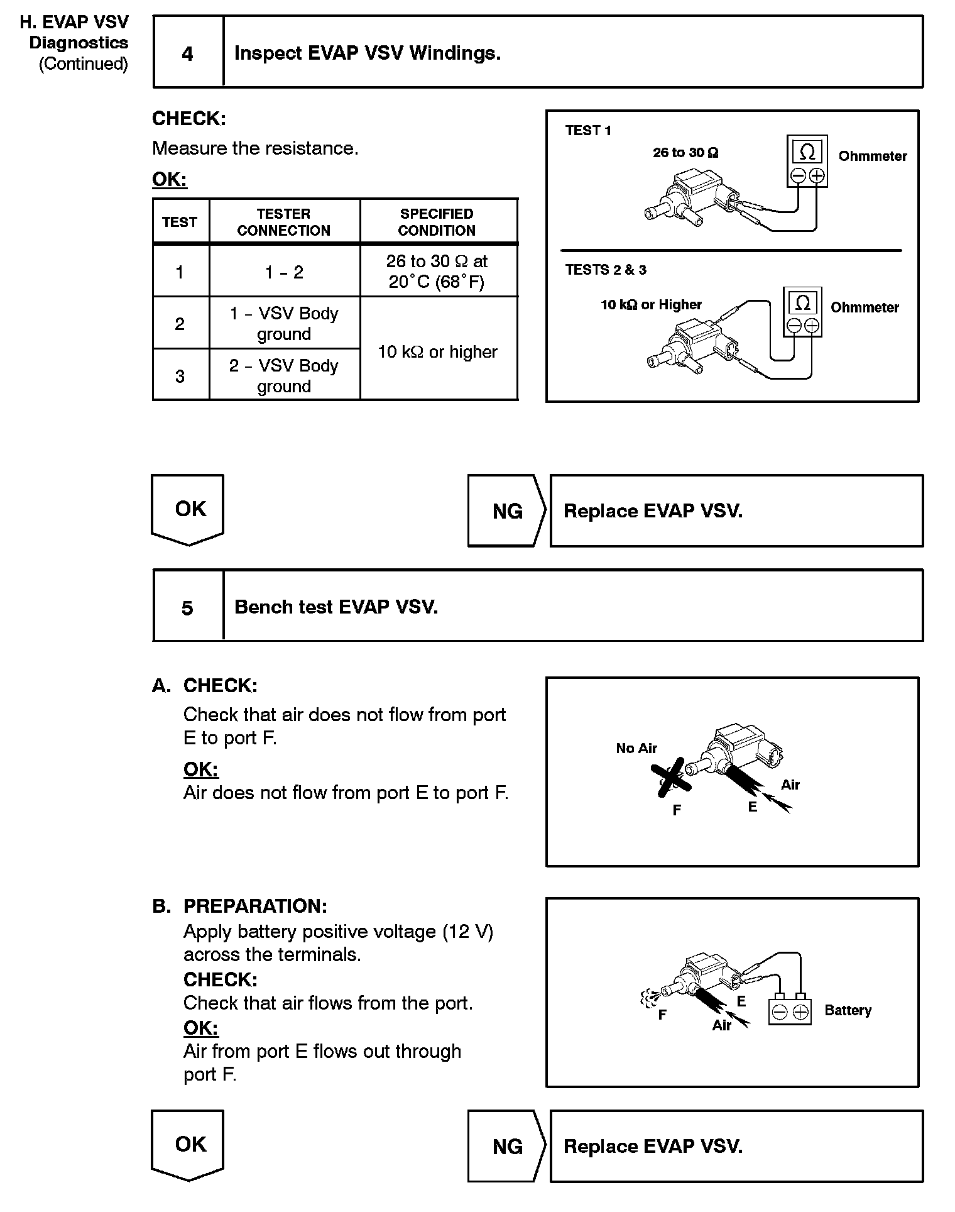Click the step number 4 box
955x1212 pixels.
coord(188,53)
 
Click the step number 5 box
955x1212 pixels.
coord(188,607)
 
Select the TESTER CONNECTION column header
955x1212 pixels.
coord(284,222)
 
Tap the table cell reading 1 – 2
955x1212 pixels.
coord(284,272)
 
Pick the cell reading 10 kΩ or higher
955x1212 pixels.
coord(437,351)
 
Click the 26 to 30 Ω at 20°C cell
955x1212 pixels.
coord(437,272)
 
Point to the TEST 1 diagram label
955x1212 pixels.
coord(588,131)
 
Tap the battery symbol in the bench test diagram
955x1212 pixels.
coord(790,1011)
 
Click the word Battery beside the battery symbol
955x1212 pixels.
coord(848,1010)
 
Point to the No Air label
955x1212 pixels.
coord(636,748)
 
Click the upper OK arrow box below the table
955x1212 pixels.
coord(188,509)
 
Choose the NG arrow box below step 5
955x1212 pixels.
coord(507,1146)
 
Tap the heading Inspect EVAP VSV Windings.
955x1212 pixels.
coord(368,53)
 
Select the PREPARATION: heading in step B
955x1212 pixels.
coord(255,906)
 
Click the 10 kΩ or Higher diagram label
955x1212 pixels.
coord(651,305)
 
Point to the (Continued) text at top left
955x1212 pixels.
coord(84,64)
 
